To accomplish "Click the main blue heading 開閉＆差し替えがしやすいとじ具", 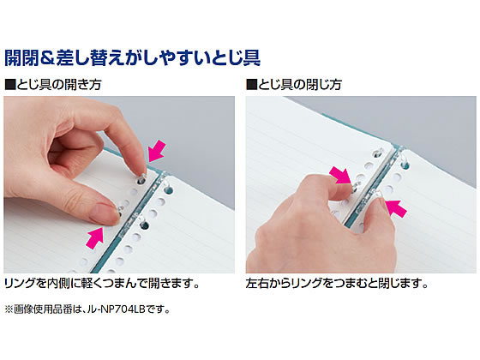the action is [x=133, y=57].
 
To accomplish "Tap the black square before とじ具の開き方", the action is [x=10, y=85].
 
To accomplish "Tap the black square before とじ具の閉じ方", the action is [x=251, y=85].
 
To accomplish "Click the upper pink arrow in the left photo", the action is [x=156, y=151].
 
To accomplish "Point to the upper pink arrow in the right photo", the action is [x=340, y=177].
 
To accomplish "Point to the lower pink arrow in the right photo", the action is [x=396, y=208].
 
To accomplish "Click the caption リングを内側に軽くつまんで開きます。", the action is [x=102, y=284].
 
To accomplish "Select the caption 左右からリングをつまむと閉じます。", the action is [x=337, y=284].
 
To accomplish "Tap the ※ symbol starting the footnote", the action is [x=9, y=309].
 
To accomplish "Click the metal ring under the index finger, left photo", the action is [x=141, y=179].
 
